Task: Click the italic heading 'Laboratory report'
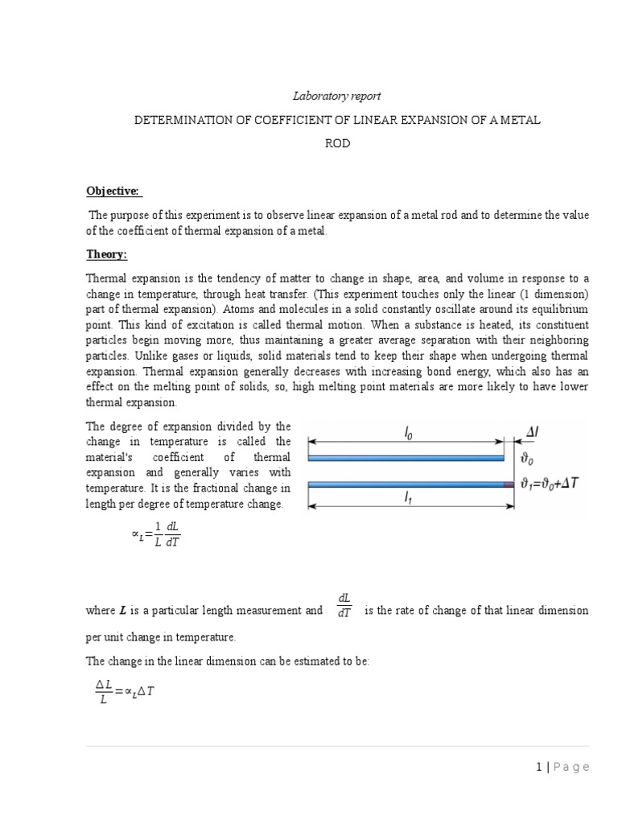click(336, 97)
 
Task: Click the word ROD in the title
click(336, 144)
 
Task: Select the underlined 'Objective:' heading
click(113, 191)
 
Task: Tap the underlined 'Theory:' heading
click(107, 254)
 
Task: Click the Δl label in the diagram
click(532, 433)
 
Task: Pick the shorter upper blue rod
click(406, 458)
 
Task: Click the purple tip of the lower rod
click(509, 484)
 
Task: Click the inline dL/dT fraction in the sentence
click(344, 605)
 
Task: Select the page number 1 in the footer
click(537, 767)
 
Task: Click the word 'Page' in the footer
click(572, 767)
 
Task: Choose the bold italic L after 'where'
click(122, 611)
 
